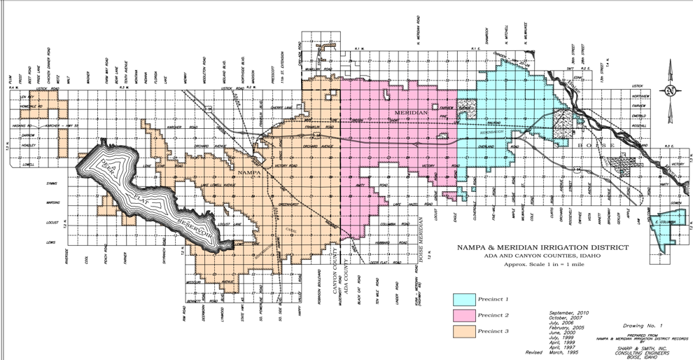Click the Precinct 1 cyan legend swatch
coord(464,299)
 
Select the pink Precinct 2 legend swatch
coord(464,315)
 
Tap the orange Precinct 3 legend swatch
coord(464,331)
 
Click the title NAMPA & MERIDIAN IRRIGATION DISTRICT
coord(542,247)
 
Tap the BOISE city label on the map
coord(597,144)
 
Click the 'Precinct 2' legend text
coord(493,315)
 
